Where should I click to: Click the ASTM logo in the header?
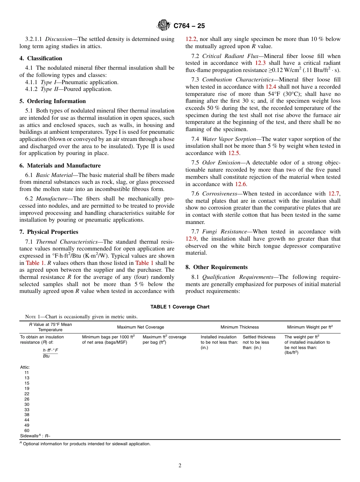point(164,26)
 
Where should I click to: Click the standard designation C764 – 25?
point(189,26)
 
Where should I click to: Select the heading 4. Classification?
point(41,58)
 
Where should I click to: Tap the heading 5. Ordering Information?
point(53,101)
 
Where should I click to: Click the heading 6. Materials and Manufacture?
point(60,166)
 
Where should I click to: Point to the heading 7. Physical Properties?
point(49,232)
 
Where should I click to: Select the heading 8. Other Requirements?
point(216,267)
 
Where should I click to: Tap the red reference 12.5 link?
point(233,153)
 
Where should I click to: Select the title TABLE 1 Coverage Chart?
point(180,307)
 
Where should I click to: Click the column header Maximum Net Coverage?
point(141,327)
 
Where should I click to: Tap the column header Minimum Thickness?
point(239,327)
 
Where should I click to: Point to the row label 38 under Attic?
point(27,415)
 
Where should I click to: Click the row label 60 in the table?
point(27,430)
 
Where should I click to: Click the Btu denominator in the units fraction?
point(46,356)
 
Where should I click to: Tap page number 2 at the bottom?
point(180,466)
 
